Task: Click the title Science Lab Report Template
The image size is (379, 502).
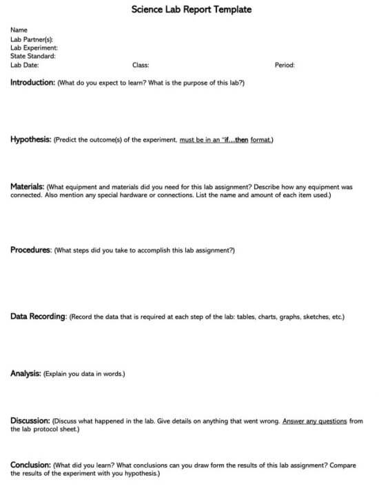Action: click(x=191, y=10)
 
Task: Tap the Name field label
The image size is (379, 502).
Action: click(x=19, y=30)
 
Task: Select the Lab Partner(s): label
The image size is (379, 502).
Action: click(x=32, y=39)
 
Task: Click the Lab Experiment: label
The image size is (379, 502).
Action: click(x=34, y=48)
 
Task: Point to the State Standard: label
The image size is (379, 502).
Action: click(x=33, y=57)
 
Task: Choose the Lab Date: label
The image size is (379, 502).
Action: click(x=25, y=66)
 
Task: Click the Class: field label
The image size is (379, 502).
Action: click(x=141, y=66)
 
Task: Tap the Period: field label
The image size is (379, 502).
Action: click(x=285, y=66)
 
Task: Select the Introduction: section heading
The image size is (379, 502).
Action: click(x=32, y=83)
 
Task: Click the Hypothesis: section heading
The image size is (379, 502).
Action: click(x=30, y=139)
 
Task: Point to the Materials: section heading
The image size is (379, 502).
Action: click(x=28, y=187)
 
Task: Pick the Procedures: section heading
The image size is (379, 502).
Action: click(x=30, y=250)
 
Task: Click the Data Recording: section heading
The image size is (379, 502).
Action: click(x=39, y=317)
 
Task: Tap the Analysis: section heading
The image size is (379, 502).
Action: click(x=25, y=374)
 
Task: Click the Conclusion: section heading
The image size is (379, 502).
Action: click(x=30, y=465)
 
